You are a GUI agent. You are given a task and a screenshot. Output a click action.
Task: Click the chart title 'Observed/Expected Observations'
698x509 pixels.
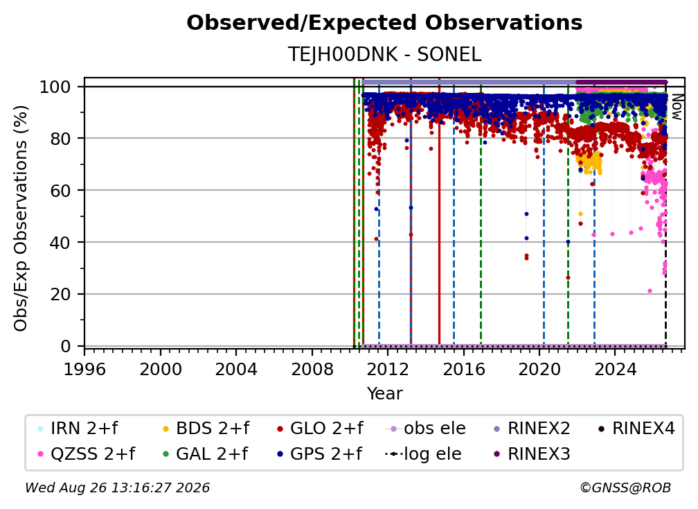pos(384,23)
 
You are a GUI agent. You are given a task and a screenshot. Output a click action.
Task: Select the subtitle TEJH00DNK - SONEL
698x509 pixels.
pos(384,54)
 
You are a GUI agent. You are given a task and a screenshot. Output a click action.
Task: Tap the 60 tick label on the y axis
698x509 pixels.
pos(60,191)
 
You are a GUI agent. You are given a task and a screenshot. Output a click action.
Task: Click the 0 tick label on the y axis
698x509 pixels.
pos(66,346)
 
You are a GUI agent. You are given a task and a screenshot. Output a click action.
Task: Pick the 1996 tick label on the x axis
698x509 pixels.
pos(84,369)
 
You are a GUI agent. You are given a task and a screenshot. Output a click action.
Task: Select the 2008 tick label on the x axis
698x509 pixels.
pos(312,369)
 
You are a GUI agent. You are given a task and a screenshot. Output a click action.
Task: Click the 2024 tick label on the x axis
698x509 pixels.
pos(615,369)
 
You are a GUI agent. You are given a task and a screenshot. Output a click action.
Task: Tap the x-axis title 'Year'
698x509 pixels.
pos(384,394)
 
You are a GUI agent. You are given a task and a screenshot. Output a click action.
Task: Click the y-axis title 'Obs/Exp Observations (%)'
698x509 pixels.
pos(21,218)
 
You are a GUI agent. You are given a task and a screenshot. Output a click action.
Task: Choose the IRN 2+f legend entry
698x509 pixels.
pos(78,429)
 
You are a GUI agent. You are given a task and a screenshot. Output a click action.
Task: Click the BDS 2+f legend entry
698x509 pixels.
pos(206,429)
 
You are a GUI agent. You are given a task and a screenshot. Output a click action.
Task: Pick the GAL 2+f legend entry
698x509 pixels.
pos(205,454)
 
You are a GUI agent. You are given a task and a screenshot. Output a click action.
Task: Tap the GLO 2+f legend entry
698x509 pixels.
pos(320,429)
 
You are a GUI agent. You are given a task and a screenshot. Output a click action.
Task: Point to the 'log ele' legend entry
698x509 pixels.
pos(423,454)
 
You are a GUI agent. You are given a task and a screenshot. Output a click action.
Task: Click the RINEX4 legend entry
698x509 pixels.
pos(636,429)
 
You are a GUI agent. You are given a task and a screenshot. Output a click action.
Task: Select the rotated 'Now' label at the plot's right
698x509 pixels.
pos(677,107)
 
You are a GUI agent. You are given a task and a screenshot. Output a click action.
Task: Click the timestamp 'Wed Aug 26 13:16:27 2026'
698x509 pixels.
pos(118,488)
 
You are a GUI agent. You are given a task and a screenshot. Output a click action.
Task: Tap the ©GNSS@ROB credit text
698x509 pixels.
pos(625,488)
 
